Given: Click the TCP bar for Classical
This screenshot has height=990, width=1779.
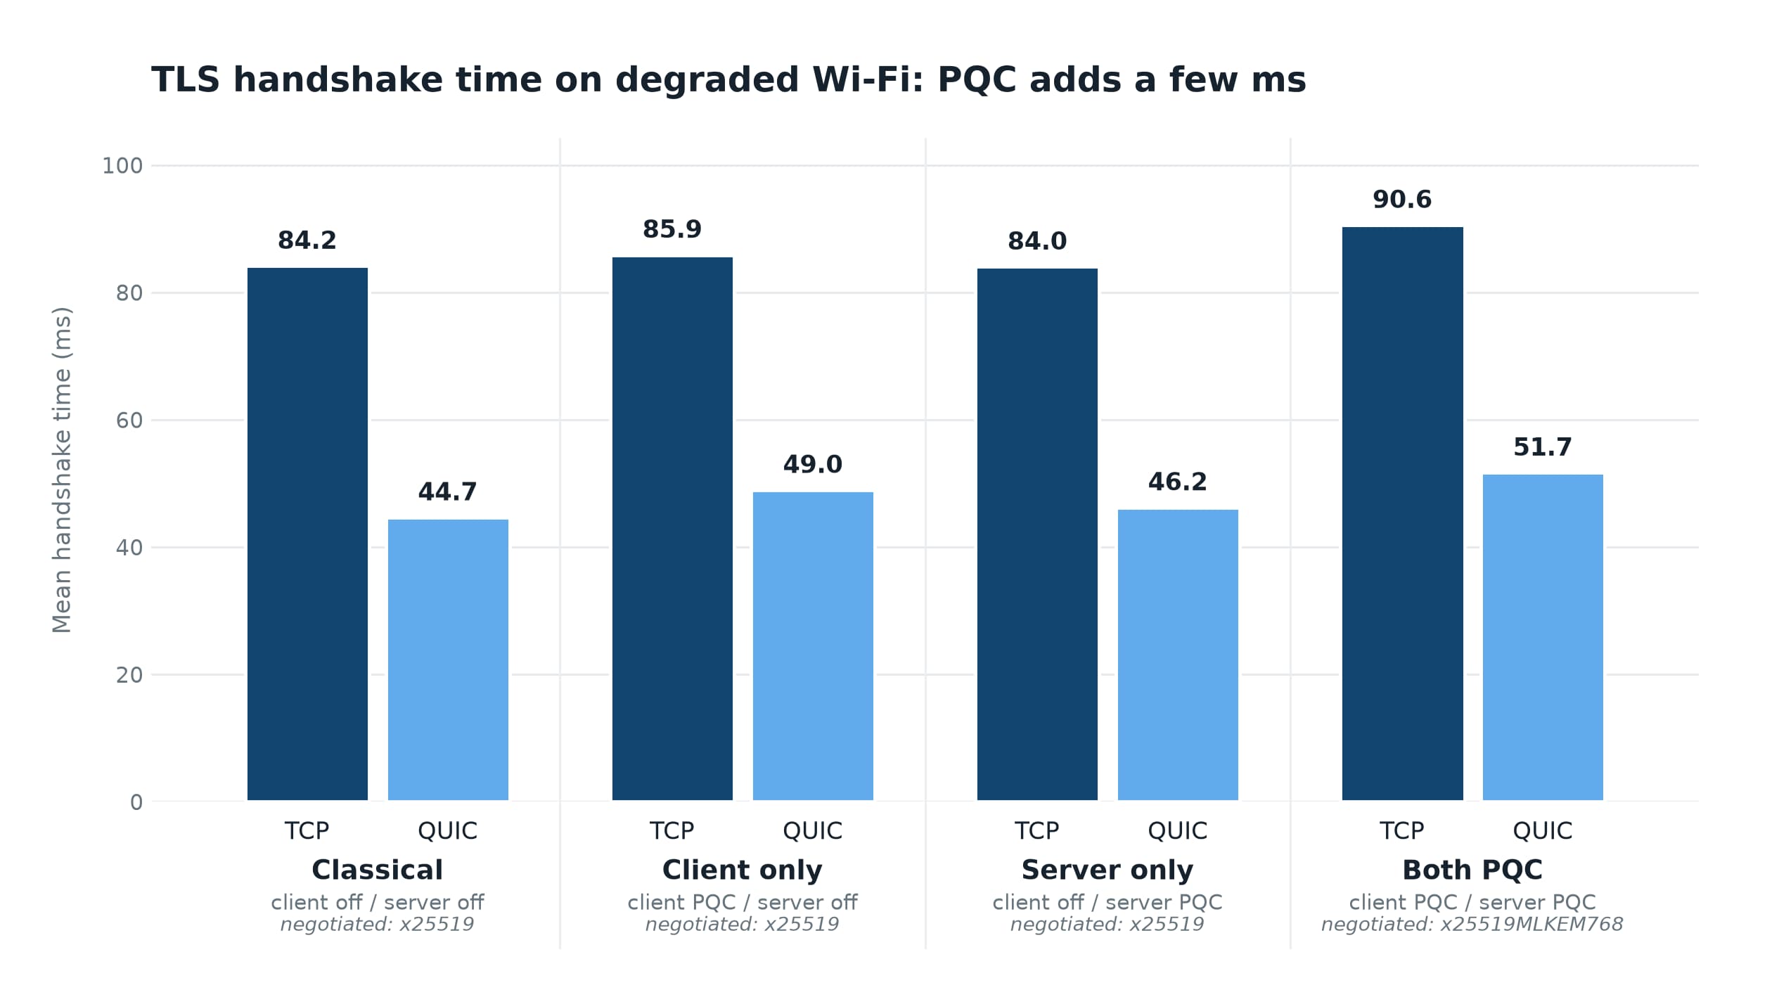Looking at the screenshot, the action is tap(307, 534).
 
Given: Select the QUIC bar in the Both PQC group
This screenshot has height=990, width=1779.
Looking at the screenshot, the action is tap(1543, 637).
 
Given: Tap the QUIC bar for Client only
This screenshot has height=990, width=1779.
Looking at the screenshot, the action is tap(813, 646).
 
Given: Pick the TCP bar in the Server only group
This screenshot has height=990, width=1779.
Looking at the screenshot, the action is tap(1037, 534).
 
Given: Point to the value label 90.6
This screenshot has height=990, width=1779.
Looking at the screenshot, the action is tap(1402, 200).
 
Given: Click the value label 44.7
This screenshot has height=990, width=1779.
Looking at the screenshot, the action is tap(447, 492).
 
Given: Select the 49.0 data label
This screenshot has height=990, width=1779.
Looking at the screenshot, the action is tap(813, 465).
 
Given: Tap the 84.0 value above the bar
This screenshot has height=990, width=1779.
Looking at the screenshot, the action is tap(1037, 241).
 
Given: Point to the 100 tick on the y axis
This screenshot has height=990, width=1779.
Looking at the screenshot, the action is tap(122, 166).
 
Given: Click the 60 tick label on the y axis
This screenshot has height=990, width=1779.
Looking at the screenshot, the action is tap(129, 420).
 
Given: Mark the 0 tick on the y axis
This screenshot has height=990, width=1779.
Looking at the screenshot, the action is tap(136, 802).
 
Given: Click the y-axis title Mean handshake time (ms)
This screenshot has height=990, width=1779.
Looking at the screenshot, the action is tap(62, 470).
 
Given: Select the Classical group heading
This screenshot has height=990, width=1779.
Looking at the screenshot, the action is tap(378, 870).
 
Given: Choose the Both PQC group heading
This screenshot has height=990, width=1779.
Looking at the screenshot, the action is tap(1472, 870).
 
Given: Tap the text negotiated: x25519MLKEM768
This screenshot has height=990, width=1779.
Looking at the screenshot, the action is tap(1472, 924).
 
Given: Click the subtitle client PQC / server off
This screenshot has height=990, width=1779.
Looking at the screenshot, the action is tap(743, 902).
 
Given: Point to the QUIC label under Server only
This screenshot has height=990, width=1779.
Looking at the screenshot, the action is tap(1178, 831).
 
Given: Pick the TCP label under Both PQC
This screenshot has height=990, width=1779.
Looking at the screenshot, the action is tap(1402, 831).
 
